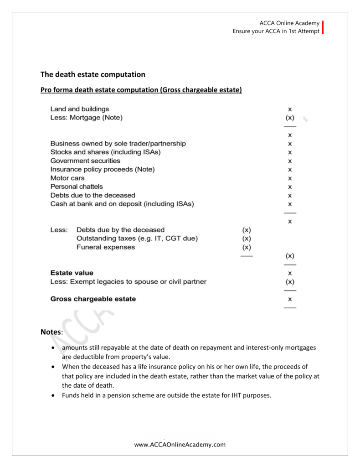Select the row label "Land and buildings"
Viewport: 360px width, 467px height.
[x=80, y=109]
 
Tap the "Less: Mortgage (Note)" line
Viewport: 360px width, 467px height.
[x=87, y=118]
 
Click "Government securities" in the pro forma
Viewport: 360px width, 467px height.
[x=85, y=161]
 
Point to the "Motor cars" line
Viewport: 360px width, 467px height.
[x=67, y=178]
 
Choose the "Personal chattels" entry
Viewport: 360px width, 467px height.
[x=77, y=187]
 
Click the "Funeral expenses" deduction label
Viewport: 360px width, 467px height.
[x=106, y=247]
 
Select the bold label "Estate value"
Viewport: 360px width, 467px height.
[x=72, y=273]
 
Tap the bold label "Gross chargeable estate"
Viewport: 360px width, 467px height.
[x=93, y=299]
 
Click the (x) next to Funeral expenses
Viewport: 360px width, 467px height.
[x=247, y=247]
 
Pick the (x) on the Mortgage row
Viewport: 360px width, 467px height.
[x=290, y=118]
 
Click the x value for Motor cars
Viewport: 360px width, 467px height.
[x=290, y=178]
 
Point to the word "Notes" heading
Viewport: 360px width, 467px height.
[x=51, y=332]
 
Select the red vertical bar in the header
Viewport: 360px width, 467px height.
[x=323, y=27]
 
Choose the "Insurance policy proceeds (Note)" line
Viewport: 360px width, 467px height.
[x=103, y=169]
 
